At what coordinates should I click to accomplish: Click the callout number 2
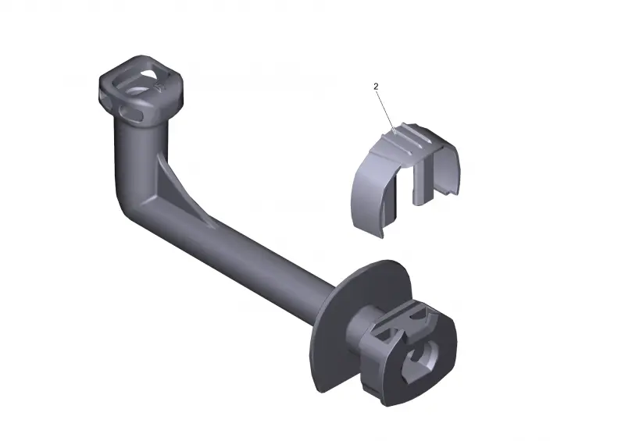[376, 86]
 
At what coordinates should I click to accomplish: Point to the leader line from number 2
[385, 111]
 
